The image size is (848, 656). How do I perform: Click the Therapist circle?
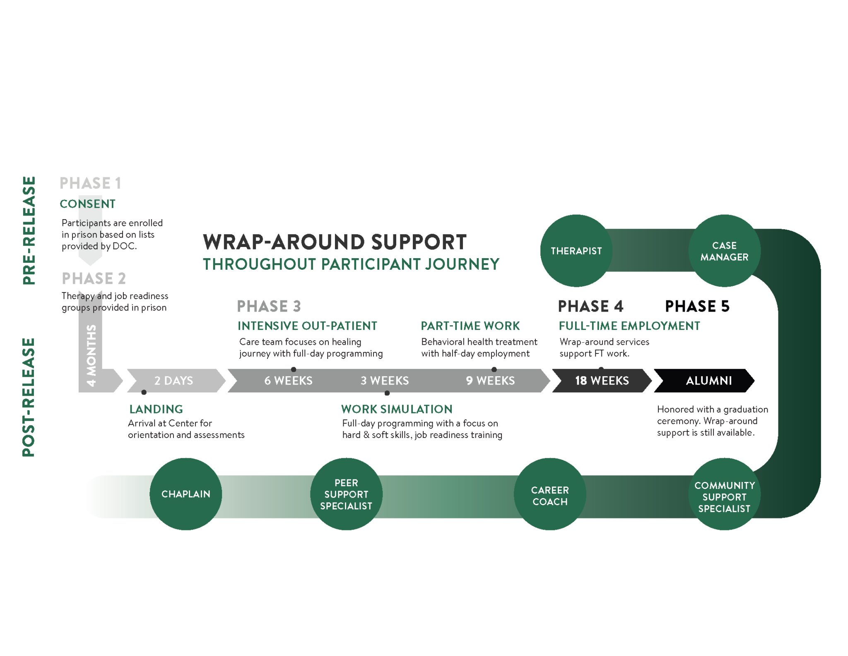click(x=576, y=251)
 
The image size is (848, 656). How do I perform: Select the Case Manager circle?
click(x=724, y=251)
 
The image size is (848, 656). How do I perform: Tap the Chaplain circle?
click(x=185, y=494)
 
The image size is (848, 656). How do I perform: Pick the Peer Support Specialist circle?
click(x=346, y=494)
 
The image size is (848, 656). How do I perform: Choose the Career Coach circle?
click(x=550, y=495)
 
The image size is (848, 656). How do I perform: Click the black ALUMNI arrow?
click(x=708, y=380)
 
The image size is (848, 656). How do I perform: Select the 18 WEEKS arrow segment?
click(x=602, y=380)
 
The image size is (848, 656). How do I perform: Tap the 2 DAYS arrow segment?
click(x=174, y=380)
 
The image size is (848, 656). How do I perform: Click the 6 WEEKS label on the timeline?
click(x=288, y=380)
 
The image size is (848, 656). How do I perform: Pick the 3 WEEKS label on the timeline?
click(x=385, y=380)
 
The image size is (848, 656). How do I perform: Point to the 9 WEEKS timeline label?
click(x=490, y=380)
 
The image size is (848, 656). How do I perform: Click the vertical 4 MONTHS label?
click(x=91, y=356)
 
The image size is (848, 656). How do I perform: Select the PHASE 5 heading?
click(x=697, y=306)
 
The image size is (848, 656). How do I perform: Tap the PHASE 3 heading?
click(x=269, y=306)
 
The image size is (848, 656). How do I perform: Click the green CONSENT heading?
click(x=87, y=204)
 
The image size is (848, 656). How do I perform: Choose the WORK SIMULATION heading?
click(x=397, y=409)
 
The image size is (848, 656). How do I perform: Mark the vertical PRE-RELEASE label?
click(x=29, y=230)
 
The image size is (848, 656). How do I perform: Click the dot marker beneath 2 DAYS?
click(x=144, y=392)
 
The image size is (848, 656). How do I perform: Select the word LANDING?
click(x=156, y=409)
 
